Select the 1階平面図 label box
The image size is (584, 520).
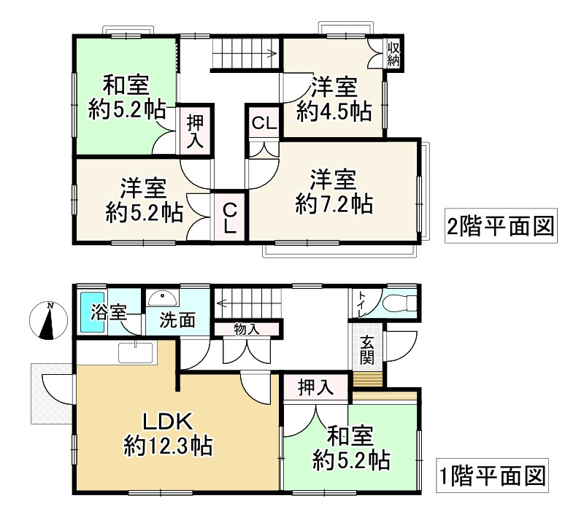493,478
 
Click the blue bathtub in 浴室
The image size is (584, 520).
92,312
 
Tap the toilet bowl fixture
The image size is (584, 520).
400,302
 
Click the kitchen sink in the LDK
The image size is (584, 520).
136,353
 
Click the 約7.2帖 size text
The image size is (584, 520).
334,203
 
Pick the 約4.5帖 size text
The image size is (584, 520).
334,112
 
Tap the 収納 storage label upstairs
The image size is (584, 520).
394,53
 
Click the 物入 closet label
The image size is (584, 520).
247,329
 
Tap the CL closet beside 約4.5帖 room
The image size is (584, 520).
264,123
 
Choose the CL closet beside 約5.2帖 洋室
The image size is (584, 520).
229,217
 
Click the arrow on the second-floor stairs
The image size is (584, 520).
270,52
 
